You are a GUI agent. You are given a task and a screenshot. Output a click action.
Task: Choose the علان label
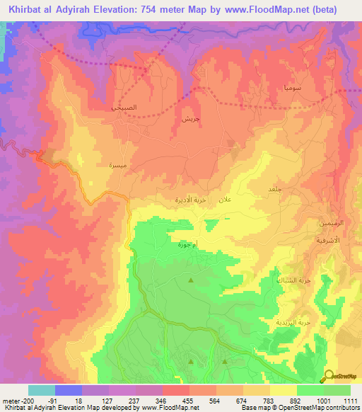coord(224,200)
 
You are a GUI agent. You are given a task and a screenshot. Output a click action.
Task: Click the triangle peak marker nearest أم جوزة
coord(191,282)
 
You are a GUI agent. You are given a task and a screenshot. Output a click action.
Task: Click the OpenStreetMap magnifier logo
coord(329,375)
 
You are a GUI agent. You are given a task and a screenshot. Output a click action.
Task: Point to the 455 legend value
coord(187,400)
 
